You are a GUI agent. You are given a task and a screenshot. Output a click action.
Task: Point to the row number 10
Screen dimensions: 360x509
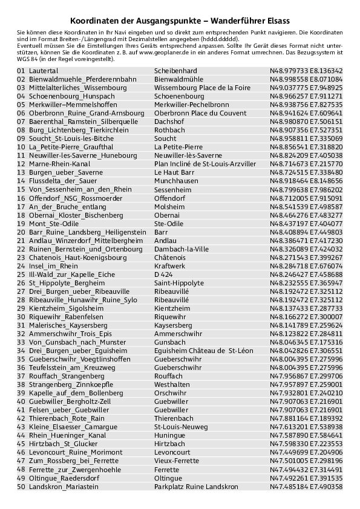[21, 147]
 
